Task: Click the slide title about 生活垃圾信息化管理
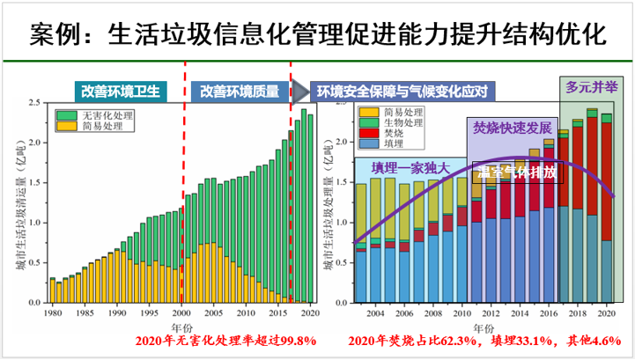tap(317, 35)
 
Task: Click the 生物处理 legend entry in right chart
tap(395, 122)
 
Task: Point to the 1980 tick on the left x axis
tap(52, 312)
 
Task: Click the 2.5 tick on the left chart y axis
tap(37, 103)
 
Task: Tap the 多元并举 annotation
tap(590, 87)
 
